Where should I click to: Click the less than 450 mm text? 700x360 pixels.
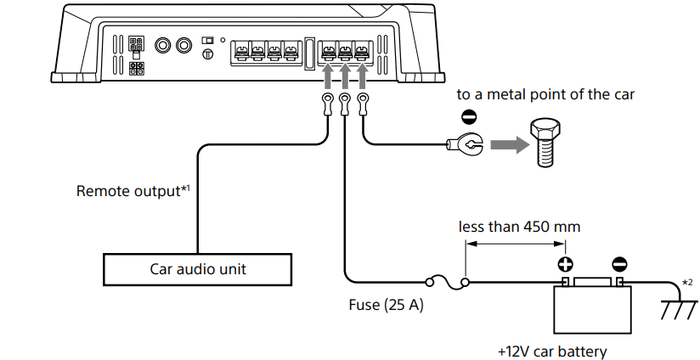(519, 227)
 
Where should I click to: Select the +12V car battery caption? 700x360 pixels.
(552, 351)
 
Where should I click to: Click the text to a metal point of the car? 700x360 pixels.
(545, 94)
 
